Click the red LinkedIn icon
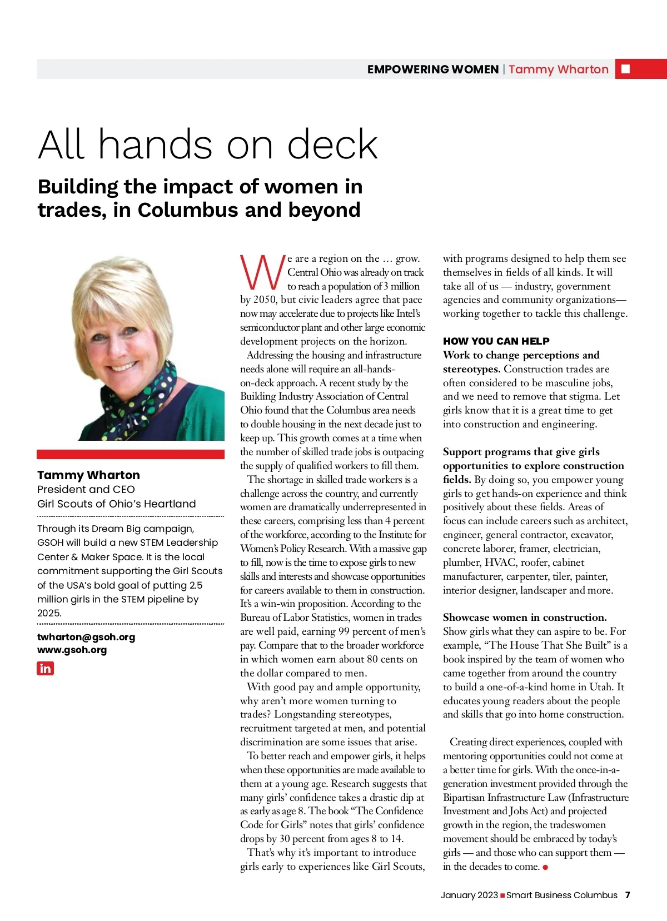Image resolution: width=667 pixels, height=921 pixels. pos(45,668)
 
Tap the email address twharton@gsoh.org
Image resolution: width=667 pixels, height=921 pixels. pos(86,637)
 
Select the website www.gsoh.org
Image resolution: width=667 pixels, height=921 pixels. pos(72,650)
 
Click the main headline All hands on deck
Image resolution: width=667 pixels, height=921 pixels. pos(208,144)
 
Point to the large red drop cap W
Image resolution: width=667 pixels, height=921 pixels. pos(262,272)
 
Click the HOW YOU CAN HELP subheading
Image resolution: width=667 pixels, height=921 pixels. pos(496,341)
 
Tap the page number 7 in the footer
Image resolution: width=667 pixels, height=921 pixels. pos(628,895)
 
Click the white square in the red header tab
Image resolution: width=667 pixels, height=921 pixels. pos(626,69)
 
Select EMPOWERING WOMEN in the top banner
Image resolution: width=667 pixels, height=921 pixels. pos(432,69)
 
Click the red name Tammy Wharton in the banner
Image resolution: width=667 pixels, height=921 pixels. pos(558,69)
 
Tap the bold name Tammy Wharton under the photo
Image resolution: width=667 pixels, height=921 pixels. pos(88,475)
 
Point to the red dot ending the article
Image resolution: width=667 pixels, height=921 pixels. pos(545,867)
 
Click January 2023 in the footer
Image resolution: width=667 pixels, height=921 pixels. pos(469,895)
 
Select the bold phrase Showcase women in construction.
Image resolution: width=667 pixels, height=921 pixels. pos(524,618)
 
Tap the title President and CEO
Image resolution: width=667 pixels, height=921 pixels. pos(86,490)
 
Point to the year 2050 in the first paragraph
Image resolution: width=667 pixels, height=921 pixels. pos(264,300)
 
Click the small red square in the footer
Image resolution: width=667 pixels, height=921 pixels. pos(502,895)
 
